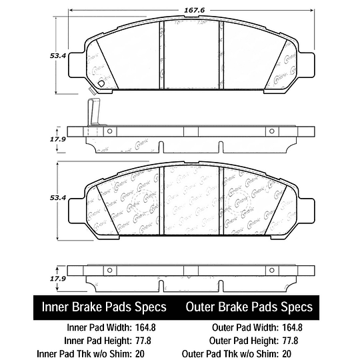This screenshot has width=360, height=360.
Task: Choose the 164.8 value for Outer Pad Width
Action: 294,327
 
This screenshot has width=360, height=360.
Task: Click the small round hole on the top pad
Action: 101,83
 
